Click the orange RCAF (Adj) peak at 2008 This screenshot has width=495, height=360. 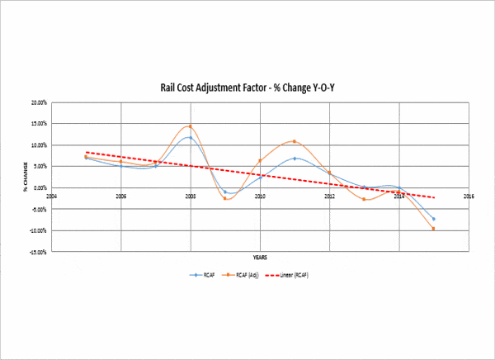pyautogui.click(x=191, y=126)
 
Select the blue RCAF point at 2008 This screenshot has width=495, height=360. pyautogui.click(x=191, y=138)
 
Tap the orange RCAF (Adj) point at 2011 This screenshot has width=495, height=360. pyautogui.click(x=295, y=141)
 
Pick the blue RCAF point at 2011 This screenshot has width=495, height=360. pyautogui.click(x=295, y=159)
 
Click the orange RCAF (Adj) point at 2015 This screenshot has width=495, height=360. pyautogui.click(x=433, y=229)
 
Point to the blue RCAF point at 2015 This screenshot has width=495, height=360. pyautogui.click(x=433, y=219)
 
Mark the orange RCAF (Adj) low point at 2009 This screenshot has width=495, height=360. pyautogui.click(x=225, y=199)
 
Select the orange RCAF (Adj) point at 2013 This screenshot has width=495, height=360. pyautogui.click(x=364, y=199)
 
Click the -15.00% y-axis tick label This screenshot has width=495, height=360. pyautogui.click(x=37, y=251)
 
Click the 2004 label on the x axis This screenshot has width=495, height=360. pyautogui.click(x=51, y=197)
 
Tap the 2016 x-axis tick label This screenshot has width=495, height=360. pyautogui.click(x=469, y=197)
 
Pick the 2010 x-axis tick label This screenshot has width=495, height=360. pyautogui.click(x=260, y=197)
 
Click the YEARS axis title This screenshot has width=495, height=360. pyautogui.click(x=260, y=258)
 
